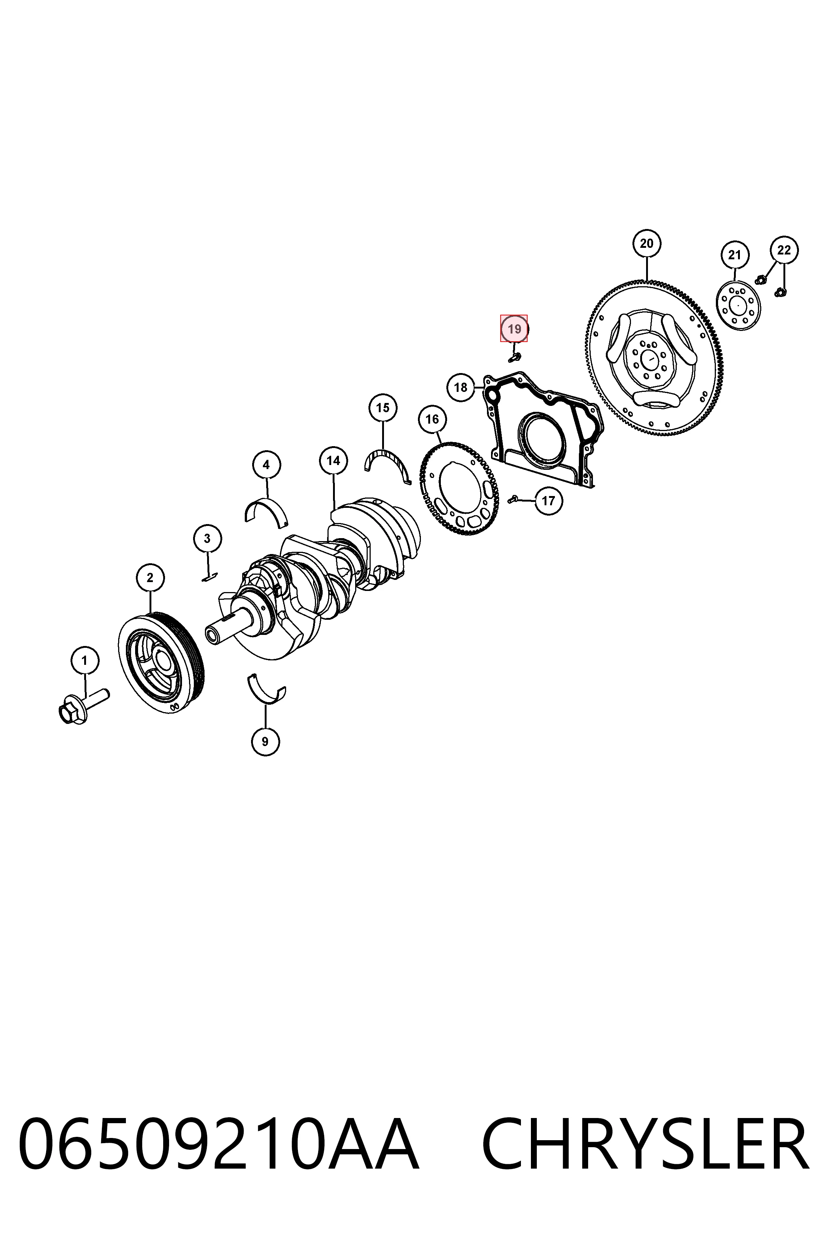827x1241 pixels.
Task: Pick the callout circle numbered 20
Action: (x=646, y=243)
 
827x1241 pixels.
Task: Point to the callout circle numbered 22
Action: (x=784, y=250)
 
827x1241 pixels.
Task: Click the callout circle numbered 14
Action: (x=333, y=461)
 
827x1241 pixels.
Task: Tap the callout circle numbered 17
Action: (x=549, y=500)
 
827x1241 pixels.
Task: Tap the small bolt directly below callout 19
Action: (x=514, y=357)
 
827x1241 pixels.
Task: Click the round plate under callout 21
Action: (x=738, y=307)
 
